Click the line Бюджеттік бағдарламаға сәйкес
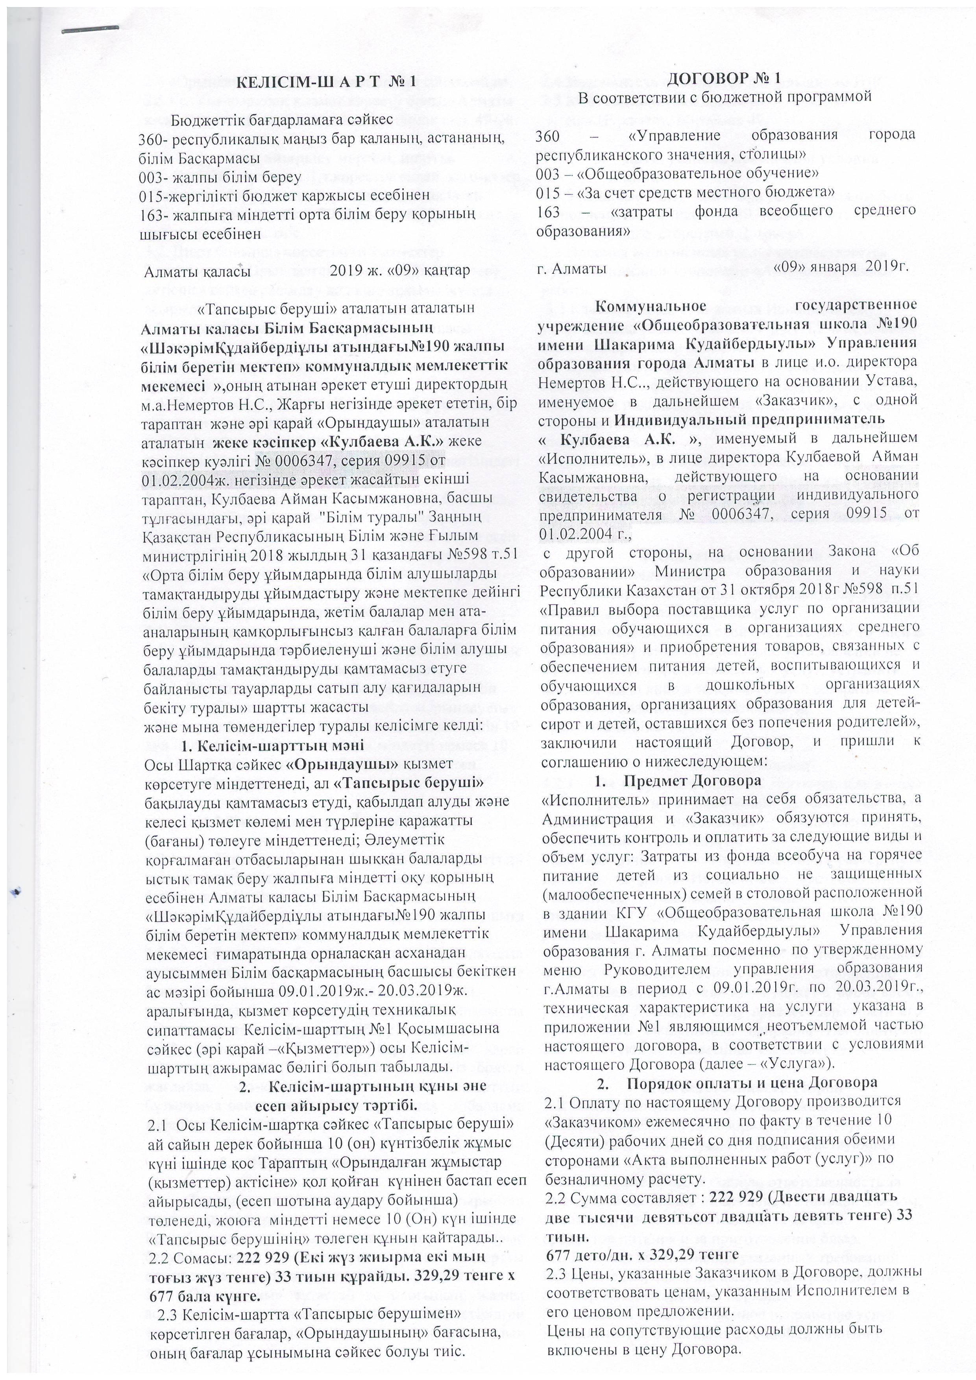[x=282, y=120]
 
